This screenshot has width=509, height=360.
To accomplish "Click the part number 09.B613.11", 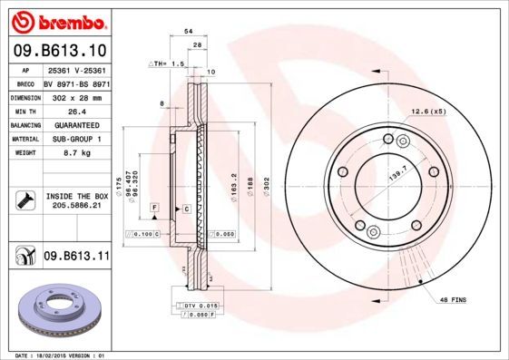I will click(x=76, y=257).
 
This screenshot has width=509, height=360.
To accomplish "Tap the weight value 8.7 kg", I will click(x=74, y=155).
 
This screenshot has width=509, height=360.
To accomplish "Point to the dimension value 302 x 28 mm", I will click(x=74, y=96).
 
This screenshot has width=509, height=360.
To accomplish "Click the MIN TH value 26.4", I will click(x=74, y=111).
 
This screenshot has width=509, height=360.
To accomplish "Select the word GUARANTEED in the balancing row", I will click(x=74, y=125).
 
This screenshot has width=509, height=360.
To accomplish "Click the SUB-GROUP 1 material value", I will click(x=74, y=140).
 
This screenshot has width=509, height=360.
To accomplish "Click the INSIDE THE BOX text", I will click(x=76, y=196).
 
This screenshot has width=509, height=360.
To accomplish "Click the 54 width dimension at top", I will click(x=189, y=31).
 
